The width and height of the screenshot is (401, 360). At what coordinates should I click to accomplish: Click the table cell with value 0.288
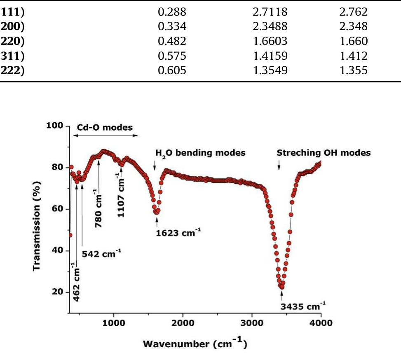coord(172,12)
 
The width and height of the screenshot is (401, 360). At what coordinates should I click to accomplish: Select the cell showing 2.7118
coord(267,12)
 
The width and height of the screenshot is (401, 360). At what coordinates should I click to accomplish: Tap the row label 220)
coord(12,41)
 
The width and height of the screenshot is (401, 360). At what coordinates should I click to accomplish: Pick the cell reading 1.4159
coord(267,56)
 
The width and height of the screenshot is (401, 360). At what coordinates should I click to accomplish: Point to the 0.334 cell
coord(172,27)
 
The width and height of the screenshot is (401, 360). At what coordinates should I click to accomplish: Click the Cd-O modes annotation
coord(105,127)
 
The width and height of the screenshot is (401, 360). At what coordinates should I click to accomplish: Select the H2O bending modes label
coord(200,153)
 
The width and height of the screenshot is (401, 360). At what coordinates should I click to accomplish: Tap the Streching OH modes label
coord(324,153)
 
